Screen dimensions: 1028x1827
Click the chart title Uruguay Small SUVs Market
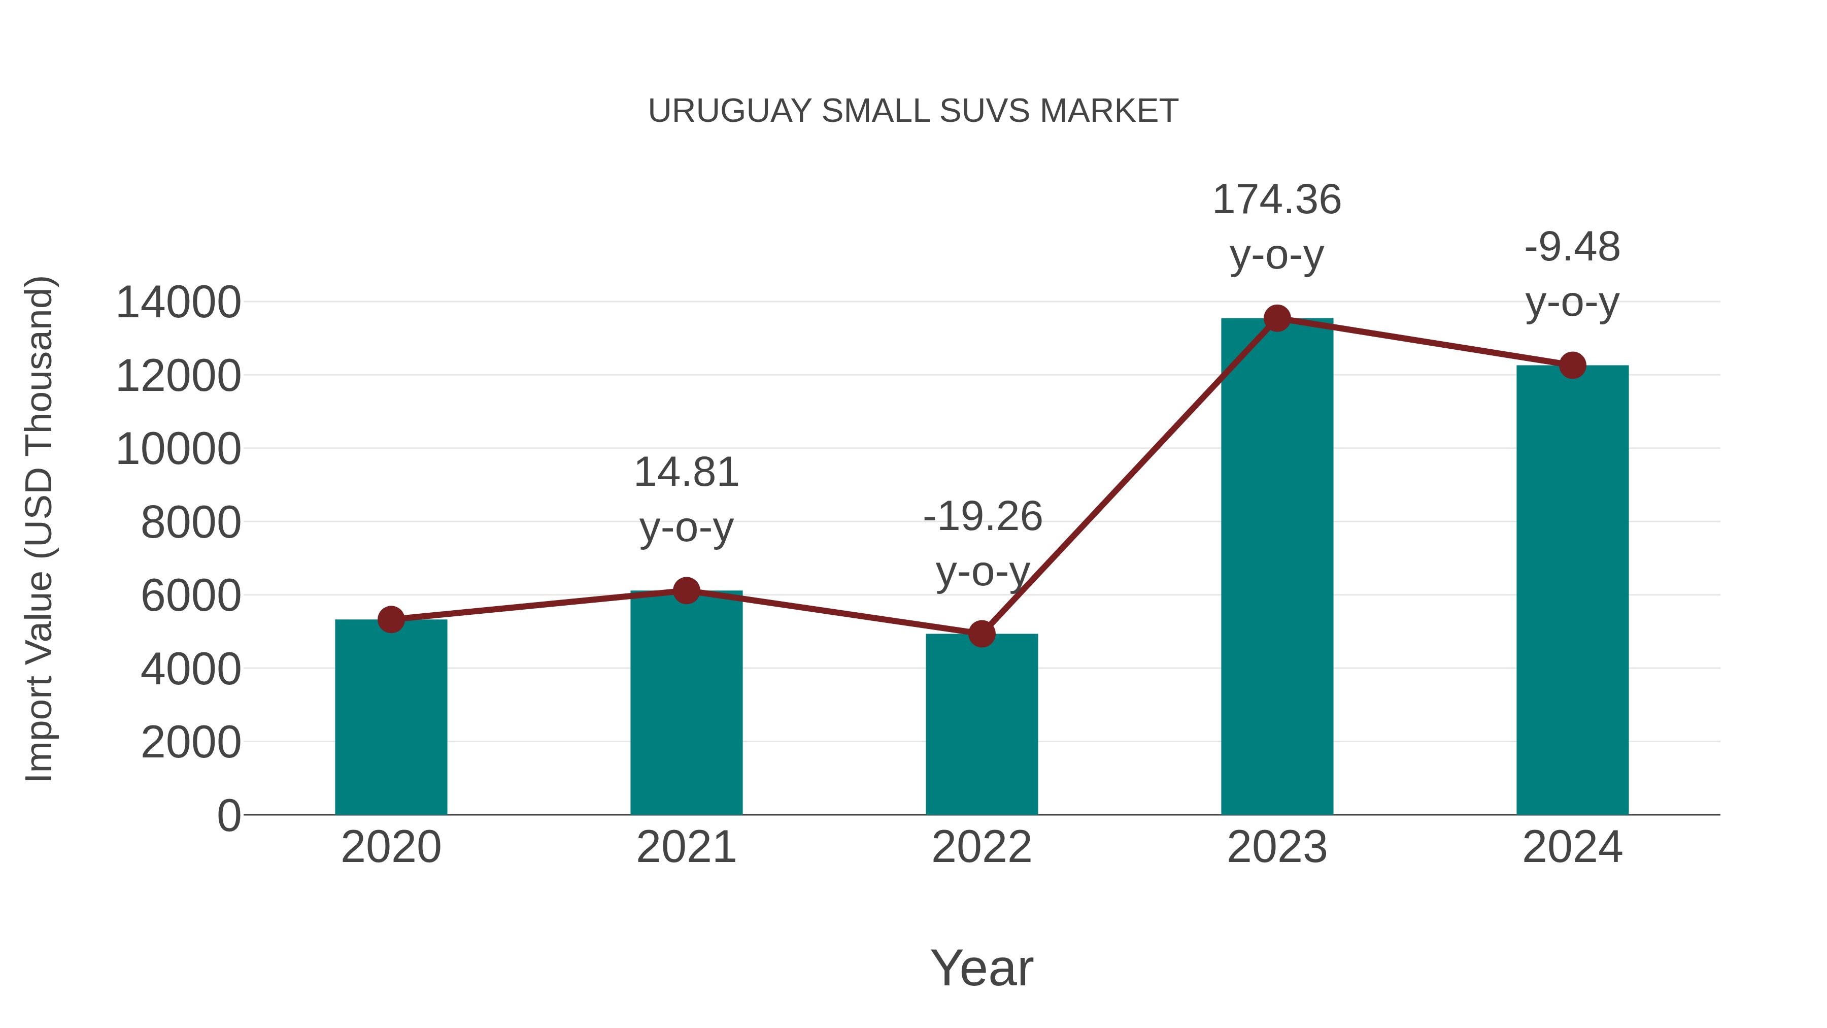tap(913, 111)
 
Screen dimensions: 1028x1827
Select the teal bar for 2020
tap(391, 716)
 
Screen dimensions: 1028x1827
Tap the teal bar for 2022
tap(982, 723)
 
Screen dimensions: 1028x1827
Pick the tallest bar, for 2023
tap(1277, 568)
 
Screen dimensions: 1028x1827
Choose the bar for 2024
tap(1572, 589)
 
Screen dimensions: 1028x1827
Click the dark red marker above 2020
tap(391, 619)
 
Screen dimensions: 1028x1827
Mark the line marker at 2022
tap(982, 634)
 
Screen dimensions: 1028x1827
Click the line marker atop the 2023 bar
tap(1277, 318)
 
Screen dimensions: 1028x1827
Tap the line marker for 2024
tap(1572, 366)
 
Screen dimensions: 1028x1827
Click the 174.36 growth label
tap(1277, 200)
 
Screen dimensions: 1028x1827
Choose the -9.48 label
tap(1572, 248)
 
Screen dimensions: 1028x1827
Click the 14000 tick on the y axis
tap(178, 303)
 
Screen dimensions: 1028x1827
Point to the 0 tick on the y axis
tap(228, 816)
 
